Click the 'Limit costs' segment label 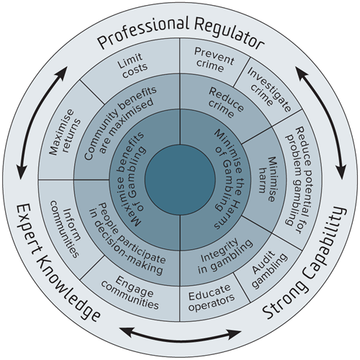pyautogui.click(x=132, y=66)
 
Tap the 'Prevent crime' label pyautogui.click(x=214, y=60)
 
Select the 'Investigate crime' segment pyautogui.click(x=269, y=89)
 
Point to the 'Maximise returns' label pyautogui.click(x=65, y=132)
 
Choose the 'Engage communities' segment pyautogui.click(x=130, y=292)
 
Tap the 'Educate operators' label pyautogui.click(x=211, y=297)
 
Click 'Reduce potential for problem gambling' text pyautogui.click(x=298, y=180)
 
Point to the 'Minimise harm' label pyautogui.click(x=267, y=179)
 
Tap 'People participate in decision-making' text pyautogui.click(x=127, y=239)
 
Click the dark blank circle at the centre pyautogui.click(x=180, y=180)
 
